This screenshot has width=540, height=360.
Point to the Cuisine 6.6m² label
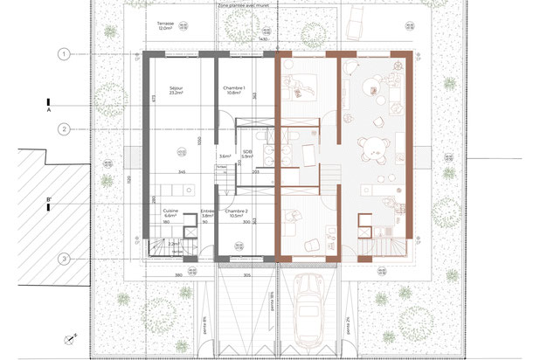tap(170, 213)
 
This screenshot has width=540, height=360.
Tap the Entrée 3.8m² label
tap(207, 213)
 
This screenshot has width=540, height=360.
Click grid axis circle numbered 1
tap(65, 54)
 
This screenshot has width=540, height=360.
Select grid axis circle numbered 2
tap(65, 129)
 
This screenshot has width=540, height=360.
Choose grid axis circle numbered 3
tap(65, 258)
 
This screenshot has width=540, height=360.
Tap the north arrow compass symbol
tap(67, 339)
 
